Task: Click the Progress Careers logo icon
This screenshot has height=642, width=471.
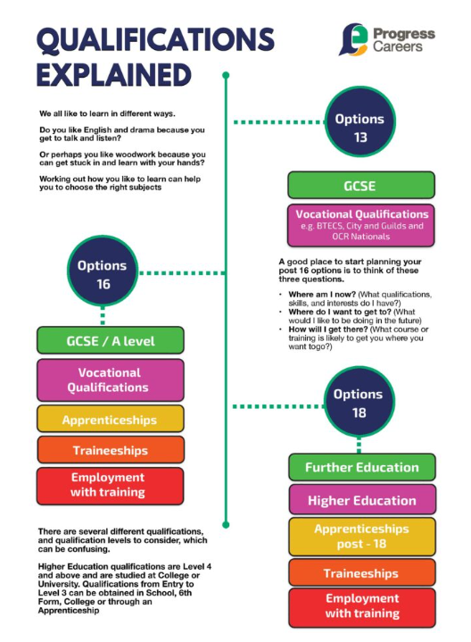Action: pyautogui.click(x=353, y=39)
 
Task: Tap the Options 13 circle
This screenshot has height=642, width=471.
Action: pyautogui.click(x=360, y=121)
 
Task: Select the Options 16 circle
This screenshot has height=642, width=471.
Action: pyautogui.click(x=103, y=271)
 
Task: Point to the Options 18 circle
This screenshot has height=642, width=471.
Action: pyautogui.click(x=359, y=402)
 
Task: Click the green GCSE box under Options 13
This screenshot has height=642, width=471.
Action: pyautogui.click(x=361, y=185)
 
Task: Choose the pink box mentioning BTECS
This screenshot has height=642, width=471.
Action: pyautogui.click(x=361, y=225)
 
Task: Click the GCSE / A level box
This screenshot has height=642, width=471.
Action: pyautogui.click(x=111, y=340)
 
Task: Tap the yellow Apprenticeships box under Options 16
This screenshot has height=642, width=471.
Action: pyautogui.click(x=111, y=419)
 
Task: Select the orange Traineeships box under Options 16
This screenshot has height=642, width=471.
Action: pyautogui.click(x=111, y=449)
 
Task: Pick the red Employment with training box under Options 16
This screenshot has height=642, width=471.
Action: pyautogui.click(x=110, y=486)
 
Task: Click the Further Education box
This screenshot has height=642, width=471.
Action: pyautogui.click(x=362, y=467)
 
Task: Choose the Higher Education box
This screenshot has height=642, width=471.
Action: pyautogui.click(x=362, y=499)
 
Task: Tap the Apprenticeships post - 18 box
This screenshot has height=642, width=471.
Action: pyautogui.click(x=362, y=537)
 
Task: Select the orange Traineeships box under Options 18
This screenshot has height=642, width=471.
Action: pyautogui.click(x=362, y=572)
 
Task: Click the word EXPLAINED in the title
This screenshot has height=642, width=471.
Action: pyautogui.click(x=114, y=75)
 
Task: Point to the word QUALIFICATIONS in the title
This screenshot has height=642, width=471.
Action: pyautogui.click(x=155, y=40)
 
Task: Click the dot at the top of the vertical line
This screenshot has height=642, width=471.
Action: pyautogui.click(x=226, y=75)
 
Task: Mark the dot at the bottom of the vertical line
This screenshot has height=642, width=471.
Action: pyautogui.click(x=226, y=524)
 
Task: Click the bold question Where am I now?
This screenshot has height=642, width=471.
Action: pyautogui.click(x=322, y=295)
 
